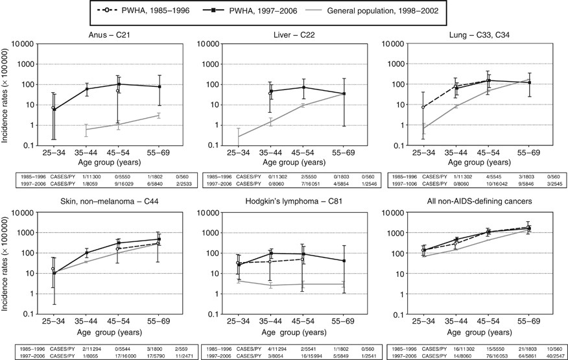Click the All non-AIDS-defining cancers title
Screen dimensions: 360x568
(475, 202)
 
